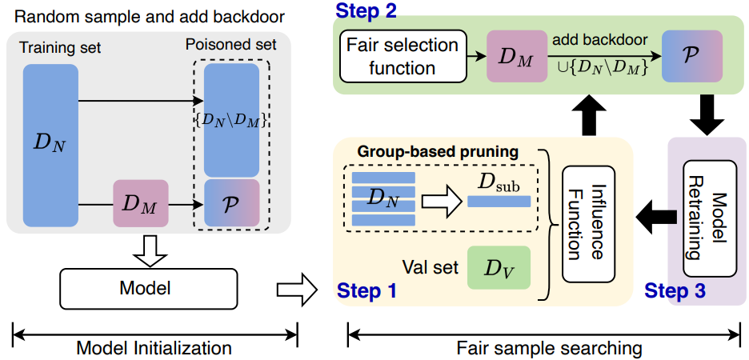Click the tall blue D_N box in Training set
coord(50,145)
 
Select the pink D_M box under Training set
coord(141,204)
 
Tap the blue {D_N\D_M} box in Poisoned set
coord(231,120)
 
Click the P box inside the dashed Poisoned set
coord(231,204)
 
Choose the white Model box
coord(149,286)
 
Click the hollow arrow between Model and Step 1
coord(295,286)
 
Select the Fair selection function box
coord(402,57)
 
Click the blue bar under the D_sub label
coord(499,201)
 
